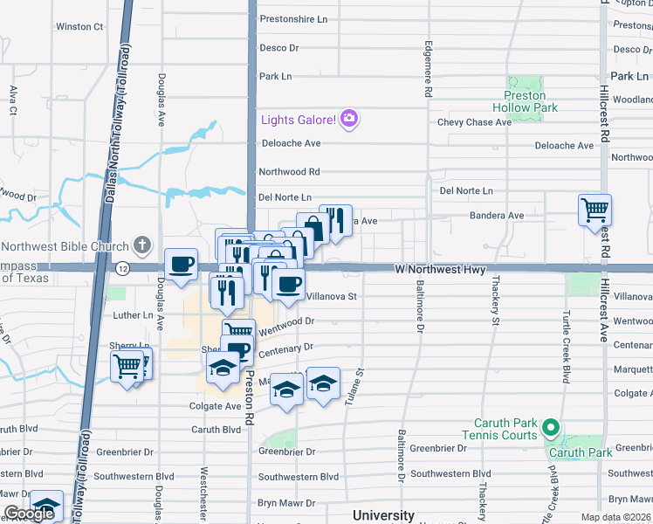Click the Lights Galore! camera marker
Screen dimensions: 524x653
tap(349, 119)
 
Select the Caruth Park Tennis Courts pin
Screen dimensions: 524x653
tap(550, 428)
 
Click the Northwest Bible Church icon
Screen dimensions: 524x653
tap(143, 246)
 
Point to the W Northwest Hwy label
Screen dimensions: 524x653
tap(439, 270)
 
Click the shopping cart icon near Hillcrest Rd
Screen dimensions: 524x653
tap(595, 210)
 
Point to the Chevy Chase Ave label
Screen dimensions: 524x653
tap(474, 122)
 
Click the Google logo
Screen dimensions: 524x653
tap(29, 514)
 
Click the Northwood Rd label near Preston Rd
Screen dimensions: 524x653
tap(289, 172)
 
